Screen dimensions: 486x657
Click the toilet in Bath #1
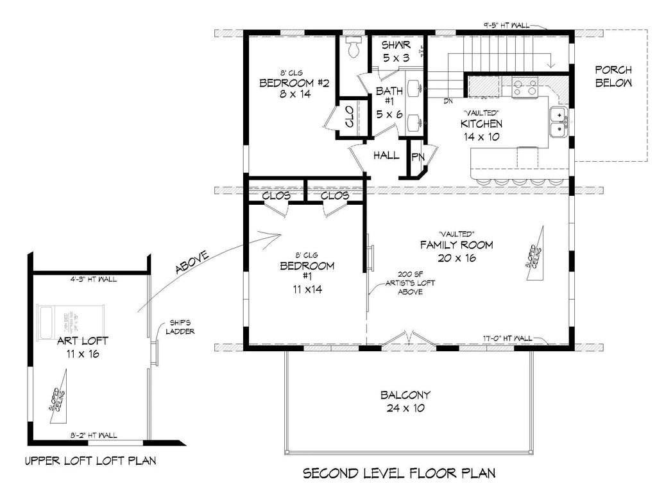point(352,46)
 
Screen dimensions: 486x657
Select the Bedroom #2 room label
point(286,89)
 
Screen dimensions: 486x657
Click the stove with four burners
point(524,87)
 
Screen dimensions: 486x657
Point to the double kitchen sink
point(559,122)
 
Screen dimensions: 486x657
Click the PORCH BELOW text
point(613,76)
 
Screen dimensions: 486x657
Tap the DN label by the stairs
point(448,101)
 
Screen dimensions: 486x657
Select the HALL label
point(386,155)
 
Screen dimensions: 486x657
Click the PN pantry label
point(418,156)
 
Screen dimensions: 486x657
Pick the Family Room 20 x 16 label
point(456,251)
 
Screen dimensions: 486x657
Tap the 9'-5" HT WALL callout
point(506,25)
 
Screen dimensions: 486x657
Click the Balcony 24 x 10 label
point(405,401)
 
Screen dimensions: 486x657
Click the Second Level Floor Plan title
point(398,474)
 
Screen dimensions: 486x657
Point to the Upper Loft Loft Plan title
point(89,461)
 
